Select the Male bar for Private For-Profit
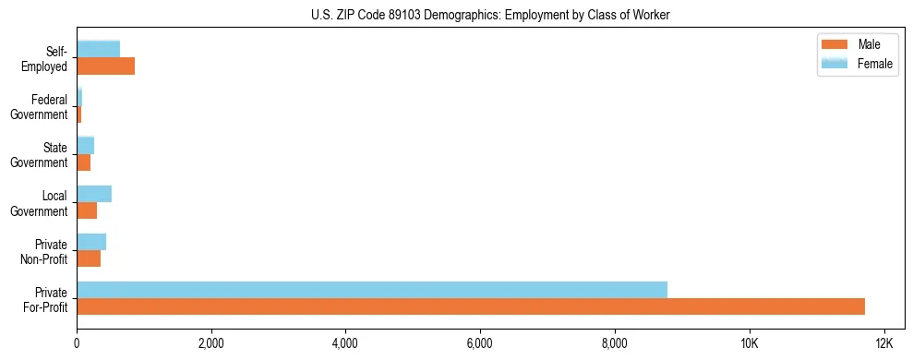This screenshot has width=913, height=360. pos(471,306)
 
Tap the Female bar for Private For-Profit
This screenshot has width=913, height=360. pos(372,290)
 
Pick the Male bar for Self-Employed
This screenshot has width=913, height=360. pos(106,66)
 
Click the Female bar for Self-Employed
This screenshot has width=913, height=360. pos(99,50)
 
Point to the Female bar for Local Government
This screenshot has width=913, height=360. pos(94,194)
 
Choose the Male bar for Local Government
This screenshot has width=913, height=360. pos(87,210)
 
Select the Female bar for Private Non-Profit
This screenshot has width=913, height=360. pos(91,242)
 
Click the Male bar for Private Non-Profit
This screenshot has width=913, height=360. pos(89,258)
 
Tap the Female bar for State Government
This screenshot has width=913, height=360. pos(86,146)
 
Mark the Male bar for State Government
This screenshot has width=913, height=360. pos(84,162)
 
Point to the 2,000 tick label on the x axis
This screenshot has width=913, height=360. pos(211,345)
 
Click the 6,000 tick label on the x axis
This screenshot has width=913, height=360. pos(480,345)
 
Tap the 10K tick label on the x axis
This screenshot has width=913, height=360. pos(749,345)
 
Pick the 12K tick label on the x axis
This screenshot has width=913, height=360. pos(883,345)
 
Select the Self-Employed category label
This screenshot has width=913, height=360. pos(46,59)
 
